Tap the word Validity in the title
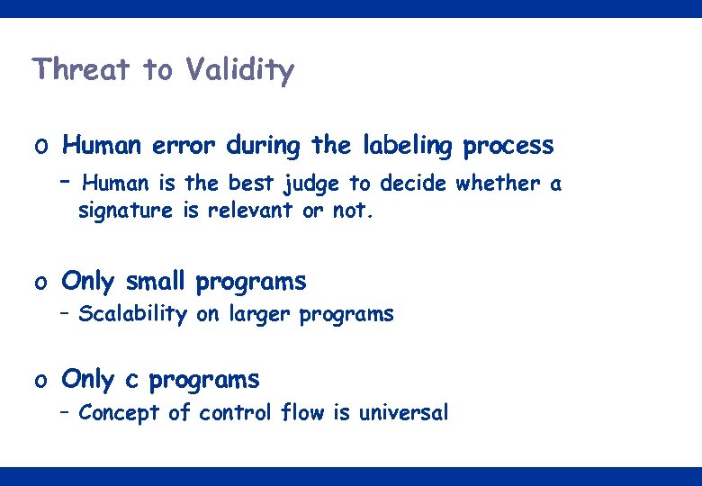coord(239,70)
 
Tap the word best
coord(250,184)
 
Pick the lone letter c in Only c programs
coord(132,381)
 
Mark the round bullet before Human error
coord(41,147)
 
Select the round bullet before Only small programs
coord(41,283)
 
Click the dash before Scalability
coord(65,314)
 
